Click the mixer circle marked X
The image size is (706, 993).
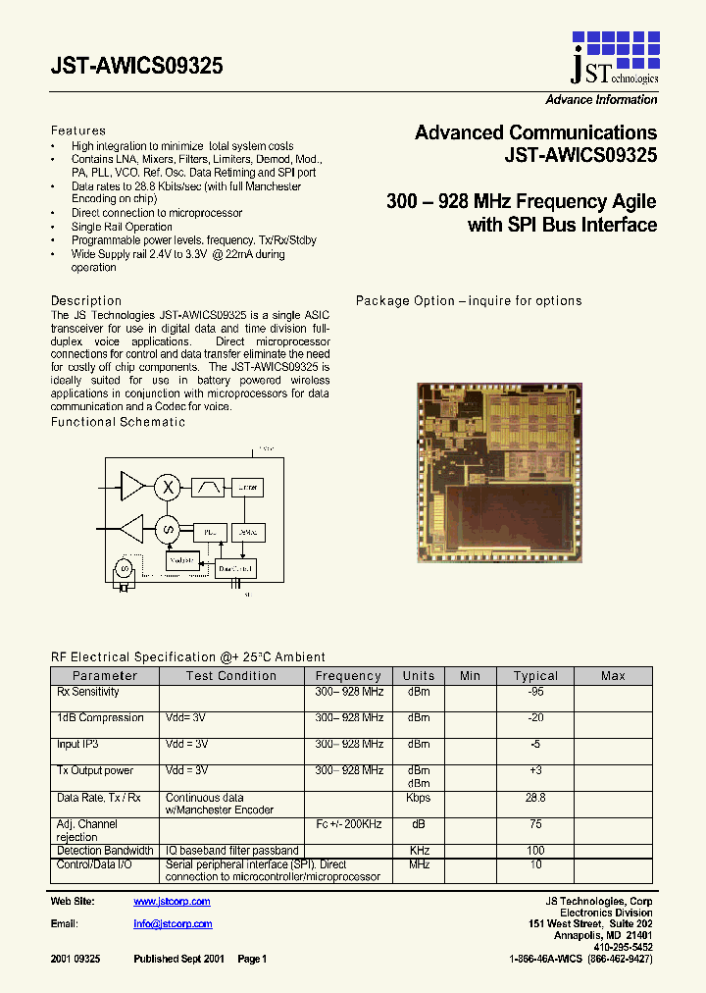point(169,486)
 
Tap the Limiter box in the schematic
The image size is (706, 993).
point(246,487)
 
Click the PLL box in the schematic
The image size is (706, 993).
point(208,532)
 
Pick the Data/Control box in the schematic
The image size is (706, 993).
point(236,567)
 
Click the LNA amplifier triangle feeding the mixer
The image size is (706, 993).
point(131,485)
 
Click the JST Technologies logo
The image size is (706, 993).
point(614,57)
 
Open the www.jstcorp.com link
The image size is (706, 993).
point(172,902)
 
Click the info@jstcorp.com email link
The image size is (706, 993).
point(173,924)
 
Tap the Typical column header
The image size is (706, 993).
point(535,676)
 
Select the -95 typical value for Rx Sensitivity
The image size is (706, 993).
point(535,692)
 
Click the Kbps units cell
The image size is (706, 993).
point(419,798)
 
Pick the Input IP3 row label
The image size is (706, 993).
point(77,745)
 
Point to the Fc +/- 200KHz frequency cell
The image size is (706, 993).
point(349,824)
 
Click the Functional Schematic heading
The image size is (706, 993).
point(118,422)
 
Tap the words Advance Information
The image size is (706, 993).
point(601,100)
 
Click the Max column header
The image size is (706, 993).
point(613,676)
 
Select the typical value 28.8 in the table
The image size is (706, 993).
point(535,798)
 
